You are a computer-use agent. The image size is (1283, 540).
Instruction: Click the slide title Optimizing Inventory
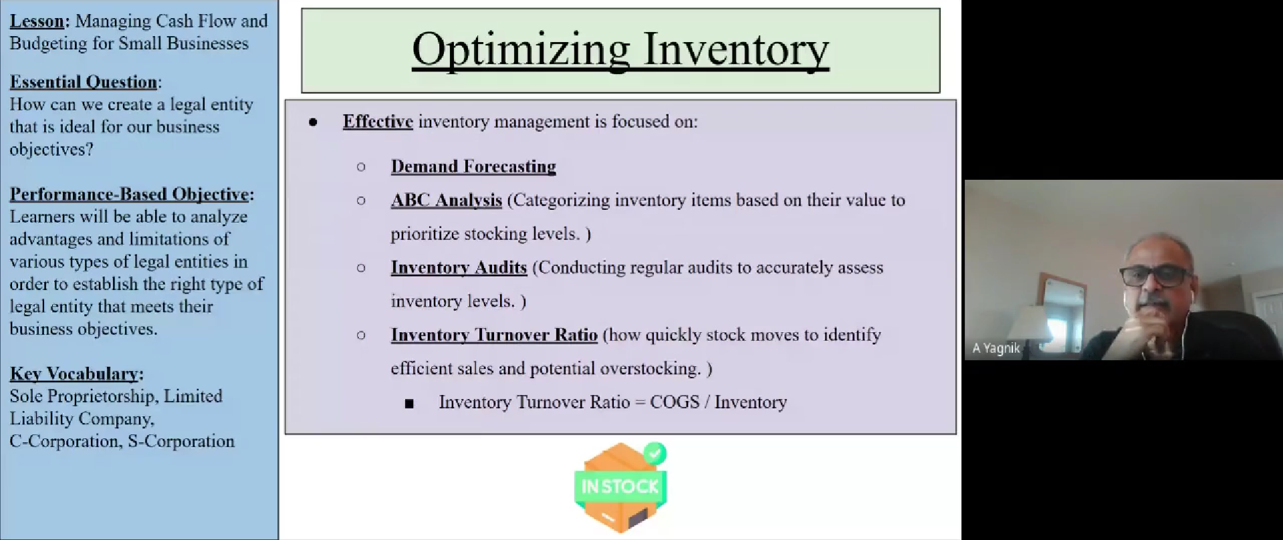[620, 49]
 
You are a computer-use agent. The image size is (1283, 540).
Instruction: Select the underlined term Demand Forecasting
[473, 166]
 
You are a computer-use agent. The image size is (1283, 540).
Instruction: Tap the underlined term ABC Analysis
[447, 200]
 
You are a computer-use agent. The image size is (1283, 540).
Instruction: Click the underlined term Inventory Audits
[459, 268]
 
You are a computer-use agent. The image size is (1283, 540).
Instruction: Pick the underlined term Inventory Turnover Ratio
[494, 335]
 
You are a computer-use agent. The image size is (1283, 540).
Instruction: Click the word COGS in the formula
[675, 402]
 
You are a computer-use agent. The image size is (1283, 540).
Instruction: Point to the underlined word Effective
[378, 122]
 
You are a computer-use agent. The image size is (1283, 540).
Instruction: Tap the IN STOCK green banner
[620, 486]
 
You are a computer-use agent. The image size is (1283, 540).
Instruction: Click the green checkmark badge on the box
[655, 454]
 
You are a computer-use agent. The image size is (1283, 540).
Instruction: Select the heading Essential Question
[83, 82]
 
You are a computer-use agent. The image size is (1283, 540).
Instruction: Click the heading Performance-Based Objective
[129, 194]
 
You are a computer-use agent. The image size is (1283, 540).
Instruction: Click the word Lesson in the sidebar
[37, 21]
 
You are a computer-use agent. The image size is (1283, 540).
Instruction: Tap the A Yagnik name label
[996, 348]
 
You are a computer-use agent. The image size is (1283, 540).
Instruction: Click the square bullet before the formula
[409, 404]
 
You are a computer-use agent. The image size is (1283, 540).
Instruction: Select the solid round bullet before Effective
[313, 122]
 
